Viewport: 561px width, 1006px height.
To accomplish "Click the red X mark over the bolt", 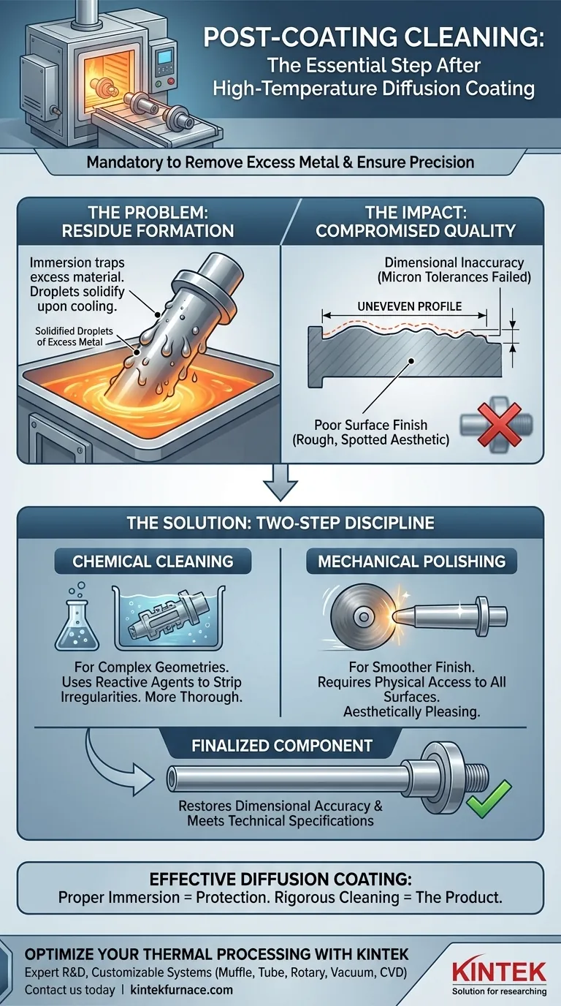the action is (499, 424).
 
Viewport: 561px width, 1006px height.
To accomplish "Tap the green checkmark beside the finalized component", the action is (489, 799).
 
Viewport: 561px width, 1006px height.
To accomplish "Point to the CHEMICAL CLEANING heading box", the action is (153, 561).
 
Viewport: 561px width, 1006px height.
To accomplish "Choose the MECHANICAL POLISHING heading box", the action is (411, 561).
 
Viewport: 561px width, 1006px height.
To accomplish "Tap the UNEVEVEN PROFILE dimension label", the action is (409, 306).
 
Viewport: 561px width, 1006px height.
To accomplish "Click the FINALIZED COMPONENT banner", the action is (282, 746).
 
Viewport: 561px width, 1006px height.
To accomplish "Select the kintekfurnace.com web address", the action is (181, 989).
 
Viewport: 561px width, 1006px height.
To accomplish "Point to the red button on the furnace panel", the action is (170, 82).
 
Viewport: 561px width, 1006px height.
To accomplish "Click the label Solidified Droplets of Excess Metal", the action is (74, 336).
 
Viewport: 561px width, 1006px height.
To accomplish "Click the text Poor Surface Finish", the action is (370, 425).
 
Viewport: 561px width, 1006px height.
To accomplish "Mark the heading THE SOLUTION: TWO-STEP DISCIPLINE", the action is (280, 523).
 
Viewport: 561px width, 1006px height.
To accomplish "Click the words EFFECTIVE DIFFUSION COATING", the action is (280, 879).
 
